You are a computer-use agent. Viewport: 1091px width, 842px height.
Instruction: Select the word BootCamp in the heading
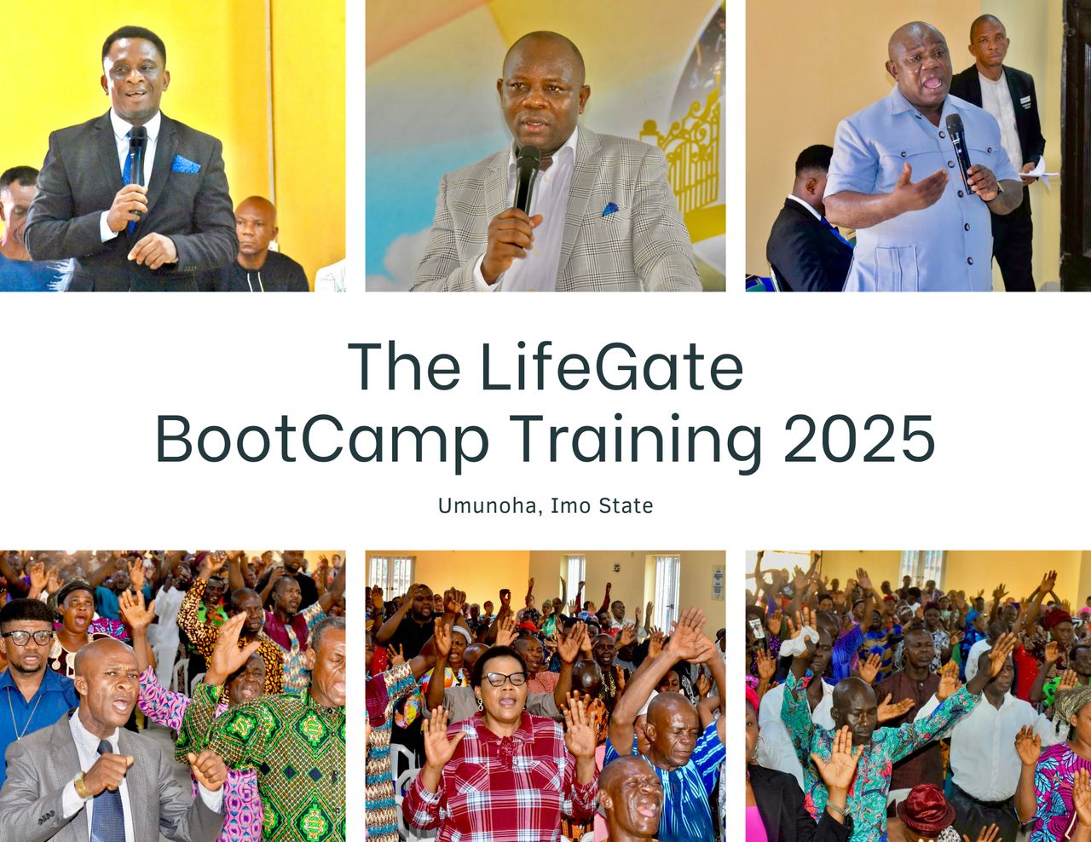[322, 441]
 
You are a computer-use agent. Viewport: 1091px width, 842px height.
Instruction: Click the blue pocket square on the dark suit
[186, 164]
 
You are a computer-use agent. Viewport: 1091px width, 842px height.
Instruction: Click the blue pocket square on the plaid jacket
[610, 209]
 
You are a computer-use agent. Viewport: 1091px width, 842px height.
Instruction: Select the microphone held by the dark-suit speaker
[136, 165]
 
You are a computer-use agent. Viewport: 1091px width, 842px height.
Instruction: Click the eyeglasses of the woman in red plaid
[504, 679]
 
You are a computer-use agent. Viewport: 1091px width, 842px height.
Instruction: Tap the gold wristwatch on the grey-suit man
[80, 783]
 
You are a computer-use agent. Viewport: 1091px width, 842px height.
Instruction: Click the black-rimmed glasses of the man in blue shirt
[27, 637]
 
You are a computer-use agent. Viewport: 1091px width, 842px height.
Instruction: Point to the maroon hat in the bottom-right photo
[926, 807]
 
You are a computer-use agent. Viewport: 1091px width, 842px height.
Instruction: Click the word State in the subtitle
[626, 505]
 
